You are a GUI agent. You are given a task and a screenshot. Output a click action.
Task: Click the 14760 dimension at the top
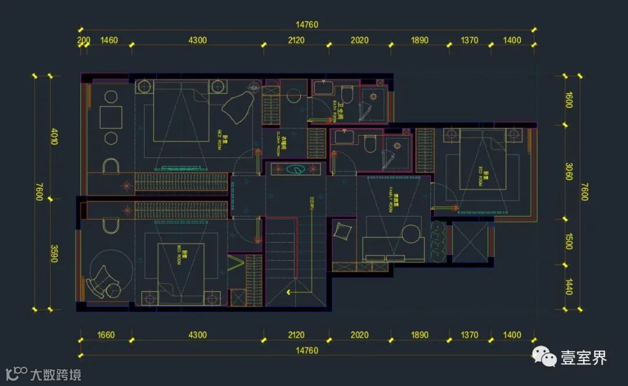pyautogui.click(x=307, y=25)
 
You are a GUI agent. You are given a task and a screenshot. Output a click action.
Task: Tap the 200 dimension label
pyautogui.click(x=83, y=41)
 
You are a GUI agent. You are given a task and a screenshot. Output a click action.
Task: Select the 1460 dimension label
pyautogui.click(x=109, y=41)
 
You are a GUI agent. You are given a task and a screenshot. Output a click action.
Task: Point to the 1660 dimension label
pyautogui.click(x=106, y=335)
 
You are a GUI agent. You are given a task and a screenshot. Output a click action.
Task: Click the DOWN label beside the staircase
pyautogui.click(x=312, y=203)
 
